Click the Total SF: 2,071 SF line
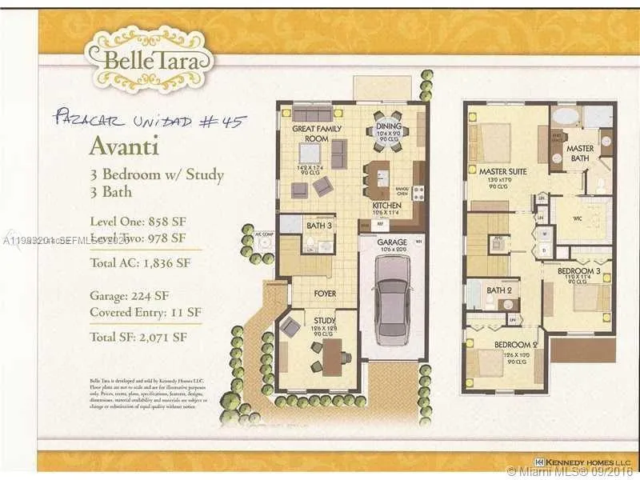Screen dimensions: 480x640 coord(138,337)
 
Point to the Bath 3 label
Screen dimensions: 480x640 coord(320,226)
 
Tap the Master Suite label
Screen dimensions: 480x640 coord(502,171)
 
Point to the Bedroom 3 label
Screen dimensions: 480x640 coord(579,271)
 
